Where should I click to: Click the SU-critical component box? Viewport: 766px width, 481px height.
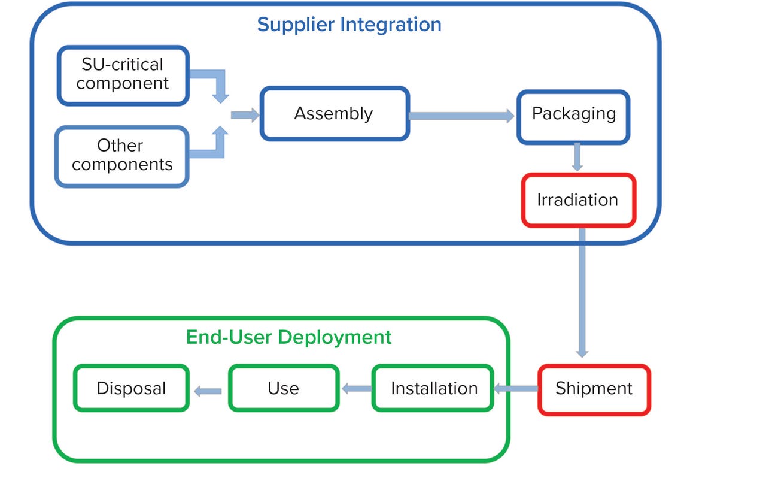click(x=123, y=75)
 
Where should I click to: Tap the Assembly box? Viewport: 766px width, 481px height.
click(x=334, y=114)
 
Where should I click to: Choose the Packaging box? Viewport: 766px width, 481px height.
click(x=573, y=117)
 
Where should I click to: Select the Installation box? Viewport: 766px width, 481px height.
click(x=433, y=389)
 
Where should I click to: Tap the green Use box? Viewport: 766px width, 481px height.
click(x=284, y=389)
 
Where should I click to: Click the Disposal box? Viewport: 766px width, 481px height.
click(x=131, y=389)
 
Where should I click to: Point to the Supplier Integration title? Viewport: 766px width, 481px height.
click(x=349, y=25)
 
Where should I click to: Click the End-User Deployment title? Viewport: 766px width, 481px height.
click(x=288, y=337)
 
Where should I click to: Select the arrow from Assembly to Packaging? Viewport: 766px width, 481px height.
click(x=461, y=116)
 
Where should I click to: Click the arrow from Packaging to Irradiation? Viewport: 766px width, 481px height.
click(x=577, y=157)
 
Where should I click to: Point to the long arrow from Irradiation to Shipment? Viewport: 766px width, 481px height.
click(x=582, y=294)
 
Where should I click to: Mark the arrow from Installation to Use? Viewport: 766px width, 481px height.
click(x=356, y=389)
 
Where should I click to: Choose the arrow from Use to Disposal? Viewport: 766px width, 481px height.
click(x=208, y=391)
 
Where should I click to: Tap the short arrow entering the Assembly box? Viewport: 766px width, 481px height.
click(x=245, y=115)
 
